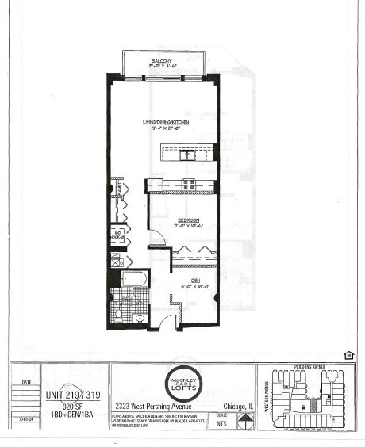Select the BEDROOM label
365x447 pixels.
pyautogui.click(x=188, y=220)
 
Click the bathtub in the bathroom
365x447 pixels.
pyautogui.click(x=134, y=279)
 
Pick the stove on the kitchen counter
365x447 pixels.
pyautogui.click(x=190, y=184)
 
